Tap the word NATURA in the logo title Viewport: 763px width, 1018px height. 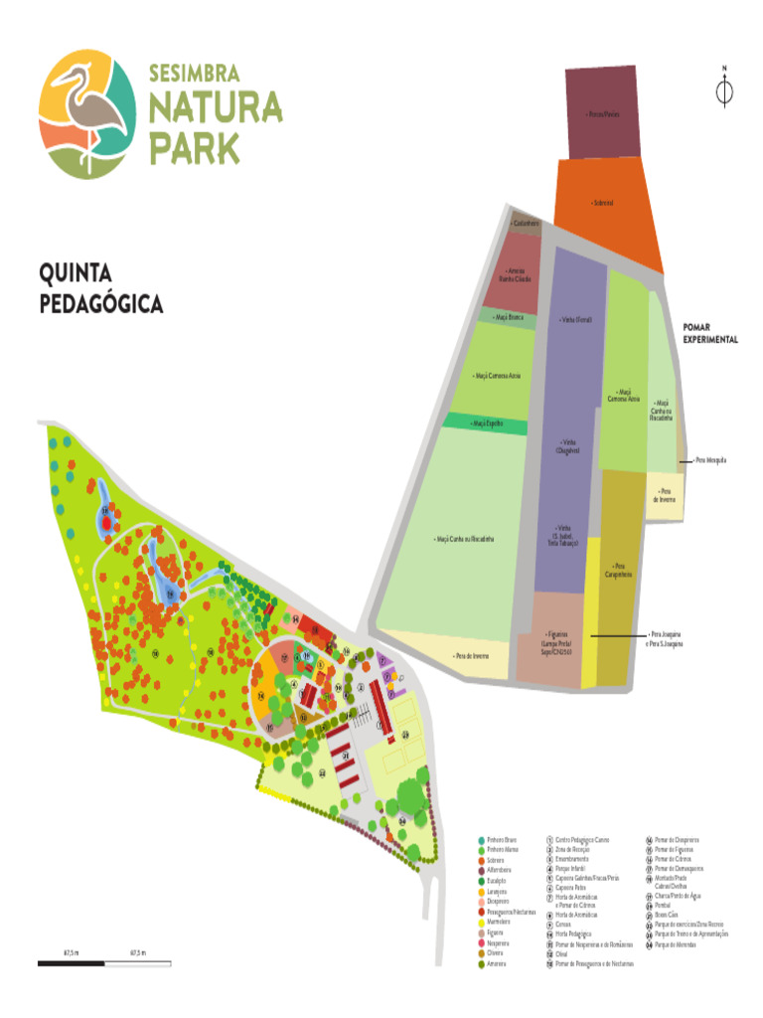point(215,108)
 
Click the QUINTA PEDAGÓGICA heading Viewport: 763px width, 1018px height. point(100,288)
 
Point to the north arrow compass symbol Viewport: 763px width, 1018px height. point(724,89)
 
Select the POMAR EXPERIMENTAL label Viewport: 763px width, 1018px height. point(709,333)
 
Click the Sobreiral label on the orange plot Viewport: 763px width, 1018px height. point(602,203)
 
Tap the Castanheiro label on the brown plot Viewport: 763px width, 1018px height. point(526,223)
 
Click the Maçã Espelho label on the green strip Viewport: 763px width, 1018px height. point(487,424)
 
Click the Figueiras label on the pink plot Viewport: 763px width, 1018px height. point(554,641)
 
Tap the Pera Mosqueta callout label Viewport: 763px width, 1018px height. point(710,461)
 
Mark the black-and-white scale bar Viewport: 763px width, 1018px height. point(105,961)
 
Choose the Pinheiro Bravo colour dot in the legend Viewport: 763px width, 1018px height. point(481,840)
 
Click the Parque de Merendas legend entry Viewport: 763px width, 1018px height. point(676,943)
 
